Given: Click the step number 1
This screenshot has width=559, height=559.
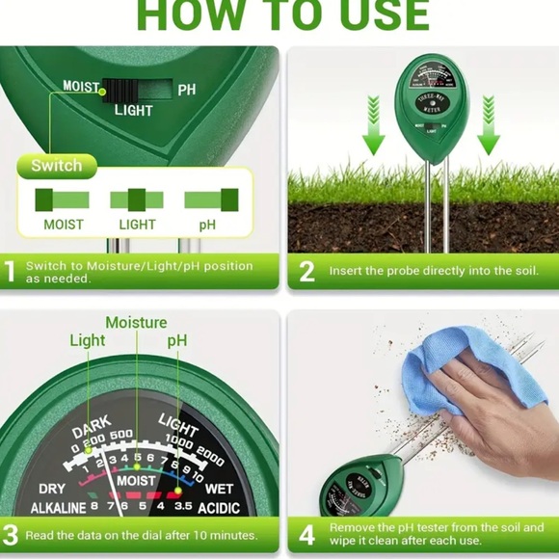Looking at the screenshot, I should (x=11, y=272).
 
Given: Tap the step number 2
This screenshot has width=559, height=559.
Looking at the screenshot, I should (x=306, y=272).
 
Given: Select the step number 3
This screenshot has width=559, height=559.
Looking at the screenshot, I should (x=11, y=534).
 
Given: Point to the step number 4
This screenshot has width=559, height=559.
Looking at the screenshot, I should (x=306, y=534).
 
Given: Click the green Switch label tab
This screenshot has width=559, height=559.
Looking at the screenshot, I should (x=57, y=166).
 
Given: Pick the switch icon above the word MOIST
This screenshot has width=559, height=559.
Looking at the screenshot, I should (x=63, y=200).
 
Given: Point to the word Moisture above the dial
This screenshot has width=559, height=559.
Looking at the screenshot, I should (x=136, y=323).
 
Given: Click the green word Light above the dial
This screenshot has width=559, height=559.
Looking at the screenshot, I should (x=88, y=341).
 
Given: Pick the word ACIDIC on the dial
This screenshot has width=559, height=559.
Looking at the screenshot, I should (x=230, y=508).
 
